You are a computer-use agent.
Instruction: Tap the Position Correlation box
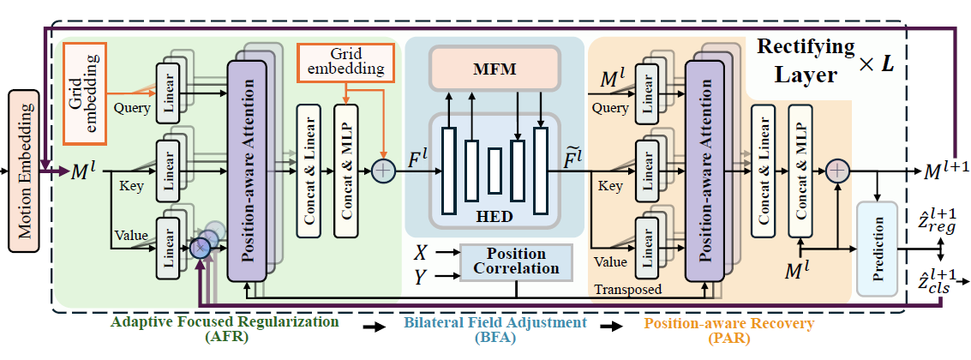516,261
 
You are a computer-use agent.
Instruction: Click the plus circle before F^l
381,170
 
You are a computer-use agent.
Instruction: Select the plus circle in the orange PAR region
837,172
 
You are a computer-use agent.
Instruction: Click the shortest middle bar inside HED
495,165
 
